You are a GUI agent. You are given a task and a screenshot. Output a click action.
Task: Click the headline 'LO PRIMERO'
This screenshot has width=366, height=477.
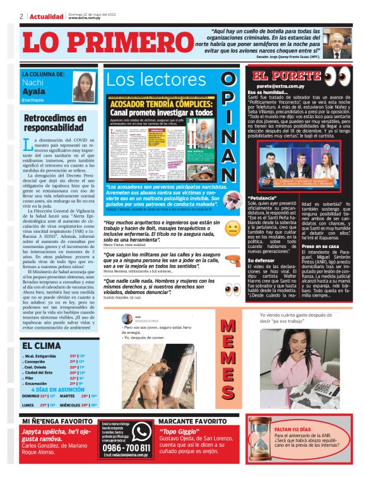(x=101, y=43)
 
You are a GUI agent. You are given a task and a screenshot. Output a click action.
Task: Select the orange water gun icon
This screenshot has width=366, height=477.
(x=233, y=259)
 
